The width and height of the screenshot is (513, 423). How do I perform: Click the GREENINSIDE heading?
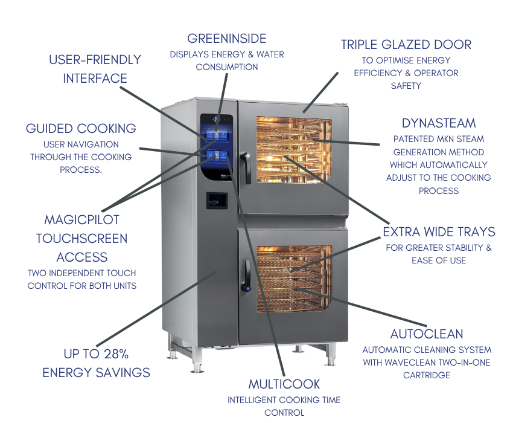coord(226,39)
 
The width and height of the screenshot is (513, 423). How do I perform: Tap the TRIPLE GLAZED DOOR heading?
coord(406,44)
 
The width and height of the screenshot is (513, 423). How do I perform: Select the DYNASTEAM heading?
coord(439,123)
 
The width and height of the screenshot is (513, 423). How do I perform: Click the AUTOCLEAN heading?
coord(427,334)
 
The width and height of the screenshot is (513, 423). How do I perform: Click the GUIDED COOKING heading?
coord(81,128)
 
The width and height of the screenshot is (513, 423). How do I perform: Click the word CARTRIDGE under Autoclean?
coord(427,375)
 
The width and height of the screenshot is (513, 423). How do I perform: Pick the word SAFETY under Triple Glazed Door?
coord(406,86)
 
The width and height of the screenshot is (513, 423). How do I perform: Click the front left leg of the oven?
coord(195,363)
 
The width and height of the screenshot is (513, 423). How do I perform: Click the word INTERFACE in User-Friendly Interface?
coord(95,79)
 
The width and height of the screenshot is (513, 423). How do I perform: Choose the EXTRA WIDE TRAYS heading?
coord(439,232)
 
